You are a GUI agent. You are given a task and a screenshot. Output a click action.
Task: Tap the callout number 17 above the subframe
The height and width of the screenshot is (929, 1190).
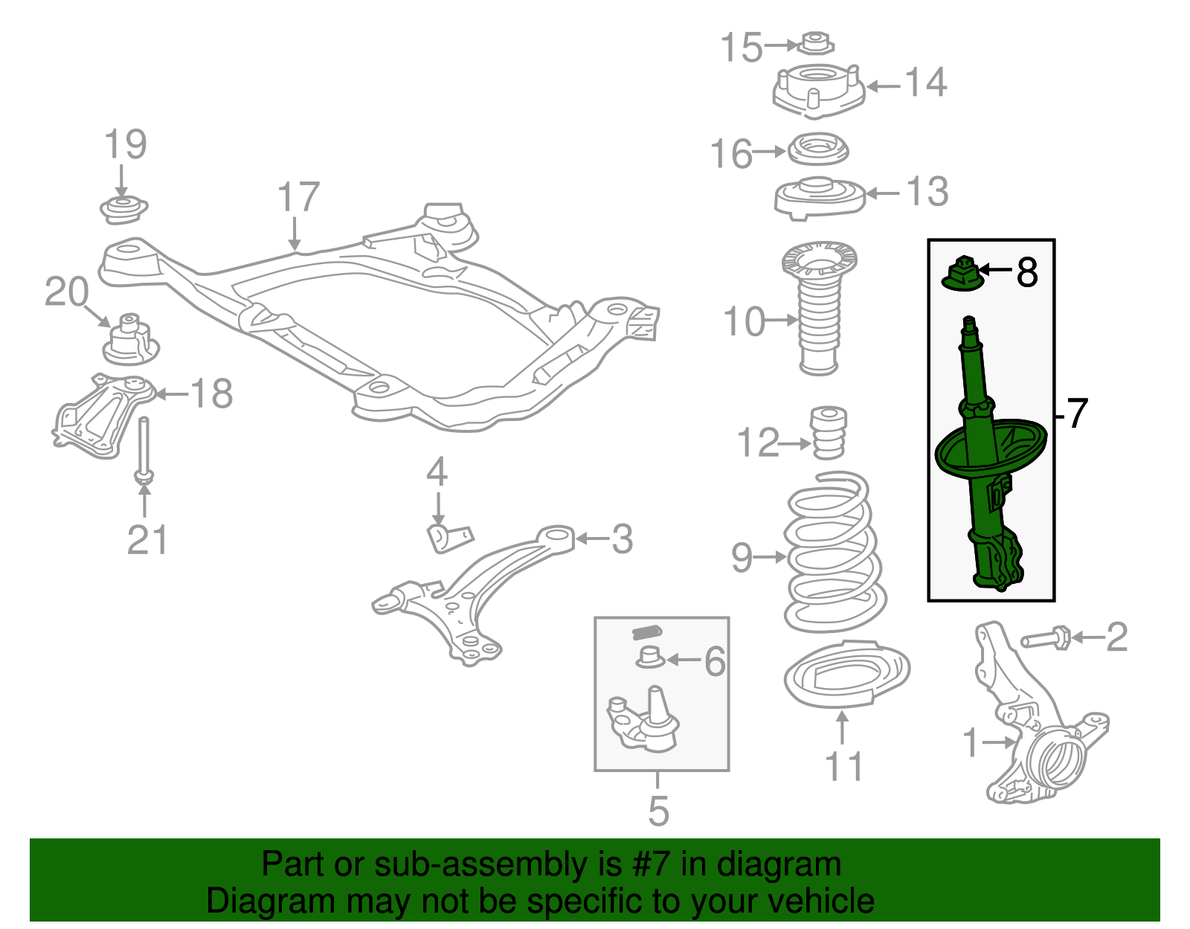tap(297, 198)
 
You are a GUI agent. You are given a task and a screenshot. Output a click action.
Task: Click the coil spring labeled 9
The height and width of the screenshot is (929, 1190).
tap(833, 554)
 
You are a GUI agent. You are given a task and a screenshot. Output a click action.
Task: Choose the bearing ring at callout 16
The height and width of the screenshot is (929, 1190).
tap(817, 150)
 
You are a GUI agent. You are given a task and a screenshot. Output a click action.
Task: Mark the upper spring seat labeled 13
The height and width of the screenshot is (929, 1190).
tap(818, 198)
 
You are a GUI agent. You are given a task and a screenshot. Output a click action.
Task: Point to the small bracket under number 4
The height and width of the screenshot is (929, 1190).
tap(448, 538)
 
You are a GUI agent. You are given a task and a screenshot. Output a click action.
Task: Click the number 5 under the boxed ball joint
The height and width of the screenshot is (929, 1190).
tap(658, 811)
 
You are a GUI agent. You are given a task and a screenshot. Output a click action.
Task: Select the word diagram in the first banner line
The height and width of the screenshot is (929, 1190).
tap(778, 865)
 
